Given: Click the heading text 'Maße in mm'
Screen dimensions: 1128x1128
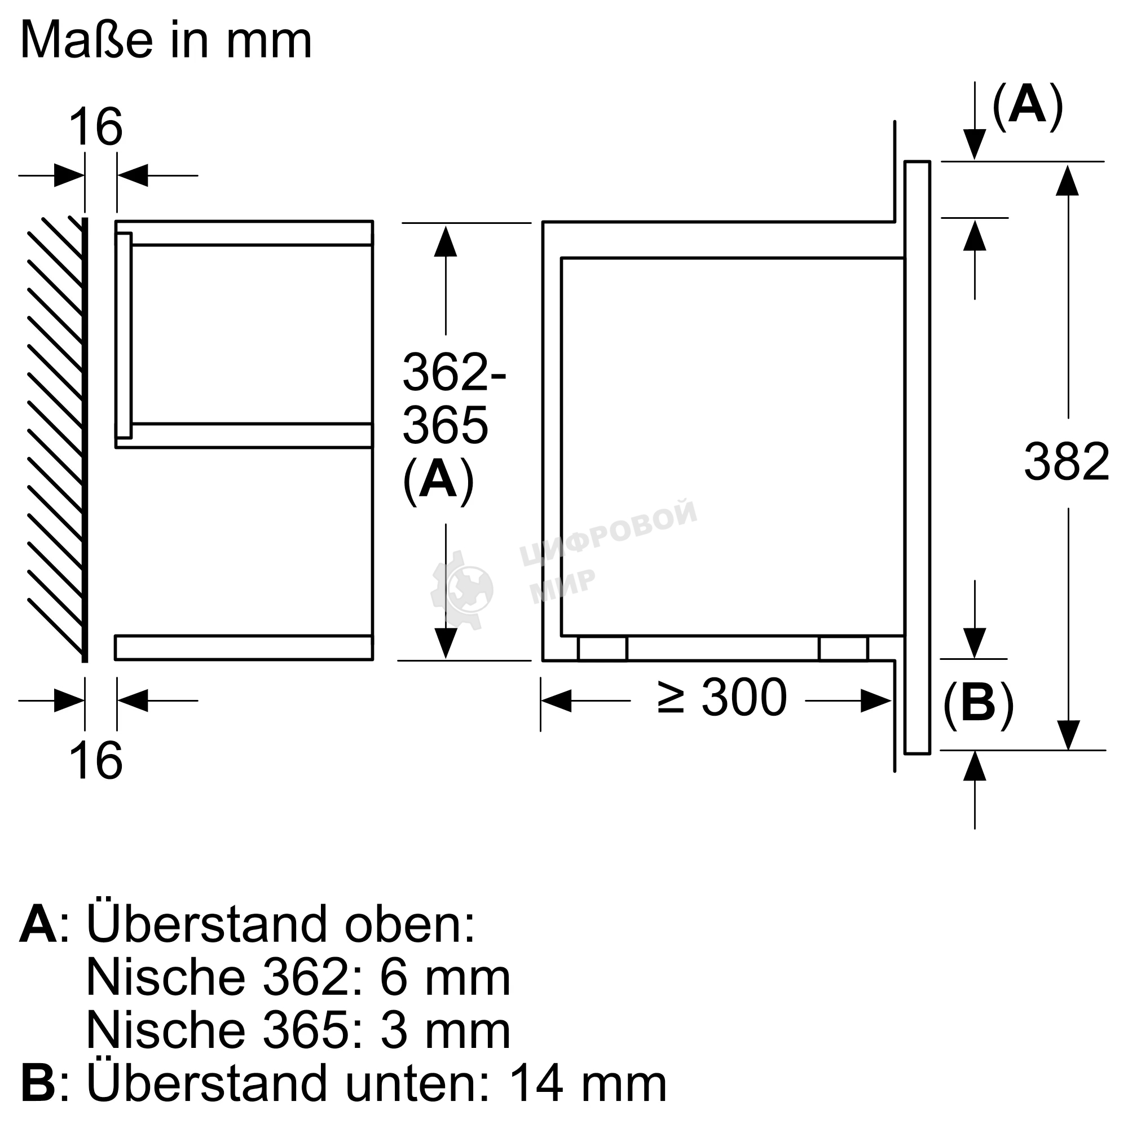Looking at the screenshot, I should (166, 41).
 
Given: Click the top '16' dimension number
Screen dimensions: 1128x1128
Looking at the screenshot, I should (96, 127).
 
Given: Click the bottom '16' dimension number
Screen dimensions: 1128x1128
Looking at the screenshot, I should (96, 760).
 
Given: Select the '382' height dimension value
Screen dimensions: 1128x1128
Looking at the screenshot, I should (1066, 462).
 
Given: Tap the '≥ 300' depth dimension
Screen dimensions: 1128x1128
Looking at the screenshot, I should (722, 698).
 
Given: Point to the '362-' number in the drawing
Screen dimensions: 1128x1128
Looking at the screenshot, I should (454, 372).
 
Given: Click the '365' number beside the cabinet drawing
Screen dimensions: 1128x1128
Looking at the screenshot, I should (445, 425).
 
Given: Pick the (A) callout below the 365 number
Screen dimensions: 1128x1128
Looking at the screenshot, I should (438, 480).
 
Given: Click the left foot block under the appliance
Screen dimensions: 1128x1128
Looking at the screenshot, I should (602, 649).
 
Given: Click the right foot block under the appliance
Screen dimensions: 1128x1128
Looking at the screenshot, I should (843, 649).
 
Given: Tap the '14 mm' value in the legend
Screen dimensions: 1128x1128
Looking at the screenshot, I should (587, 1083).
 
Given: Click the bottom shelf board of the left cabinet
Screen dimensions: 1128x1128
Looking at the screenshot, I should (244, 647).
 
